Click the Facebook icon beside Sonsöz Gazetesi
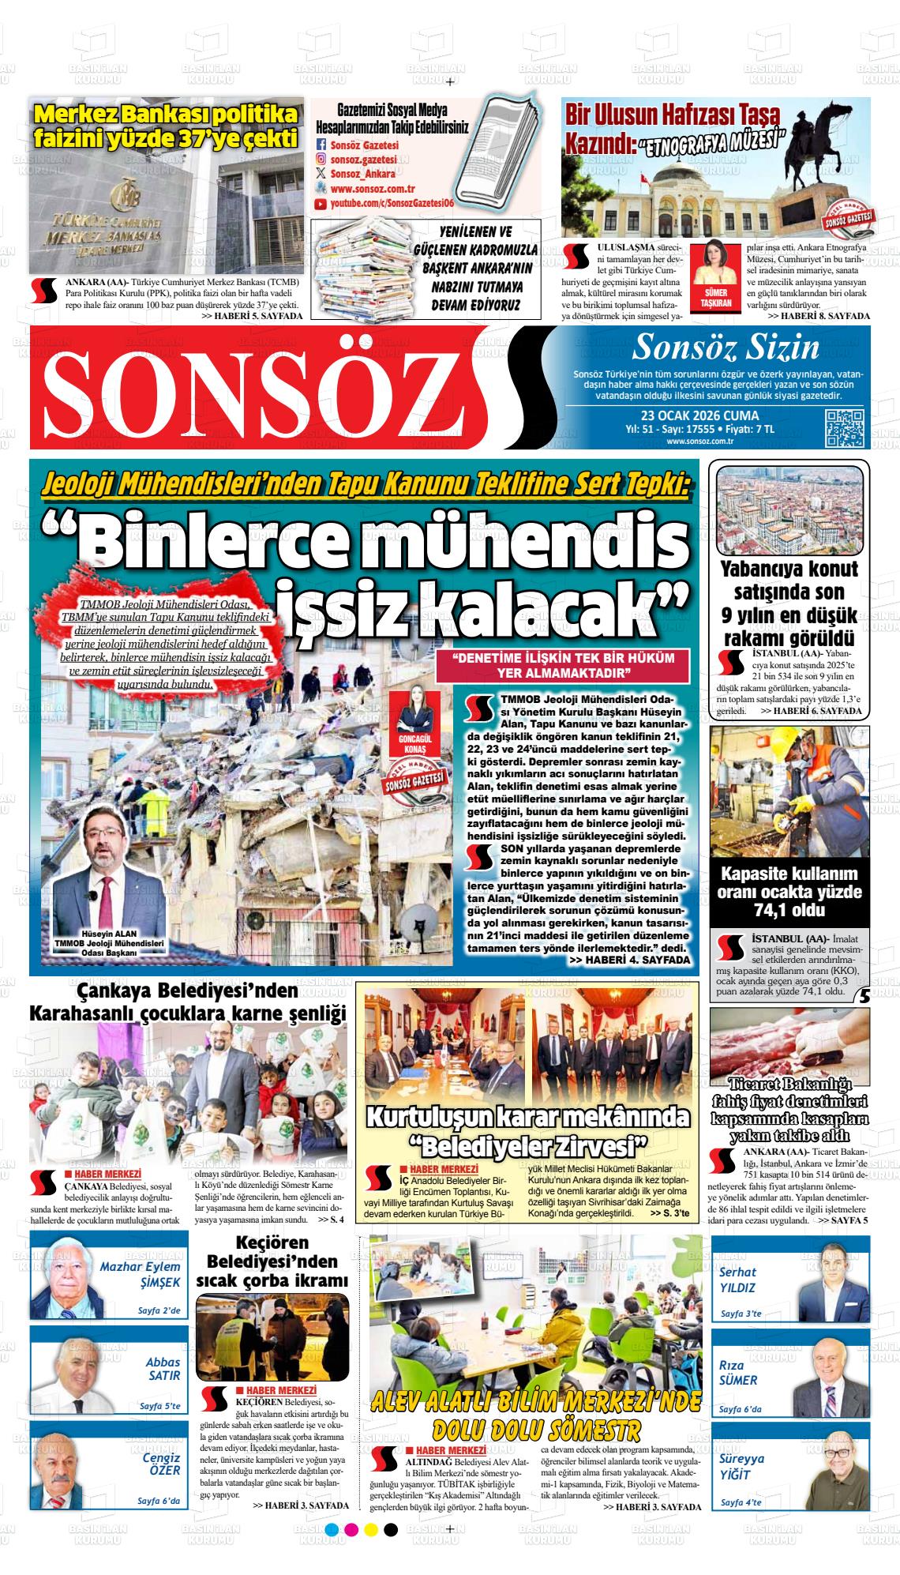click(x=321, y=145)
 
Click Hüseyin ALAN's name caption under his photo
click(x=108, y=931)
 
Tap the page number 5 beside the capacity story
click(x=864, y=997)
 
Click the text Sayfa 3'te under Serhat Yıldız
click(x=741, y=1314)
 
